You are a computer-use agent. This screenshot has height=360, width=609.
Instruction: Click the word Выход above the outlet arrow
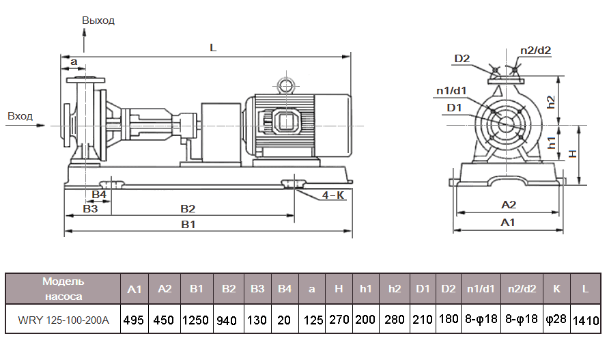[x=98, y=20]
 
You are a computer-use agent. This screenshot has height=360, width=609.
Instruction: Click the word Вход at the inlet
[x=20, y=116]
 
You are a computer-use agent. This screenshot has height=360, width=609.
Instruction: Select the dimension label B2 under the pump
[x=188, y=208]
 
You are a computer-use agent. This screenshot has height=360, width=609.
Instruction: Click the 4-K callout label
[x=333, y=195]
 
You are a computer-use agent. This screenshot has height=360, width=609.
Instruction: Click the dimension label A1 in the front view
[x=508, y=223]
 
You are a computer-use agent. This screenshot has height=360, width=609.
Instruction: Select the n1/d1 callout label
[x=451, y=91]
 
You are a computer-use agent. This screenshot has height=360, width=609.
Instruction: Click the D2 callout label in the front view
[x=462, y=59]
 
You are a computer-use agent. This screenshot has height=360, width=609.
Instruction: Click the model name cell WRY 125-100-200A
[x=63, y=320]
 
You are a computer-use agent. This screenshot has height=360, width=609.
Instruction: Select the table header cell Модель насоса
[x=63, y=289]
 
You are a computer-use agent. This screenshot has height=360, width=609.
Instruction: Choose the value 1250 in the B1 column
[x=197, y=320]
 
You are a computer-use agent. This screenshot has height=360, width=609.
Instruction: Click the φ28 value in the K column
[x=556, y=320]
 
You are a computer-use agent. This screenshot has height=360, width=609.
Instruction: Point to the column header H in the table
[x=339, y=289]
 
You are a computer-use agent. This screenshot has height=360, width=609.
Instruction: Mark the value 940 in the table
[x=228, y=320]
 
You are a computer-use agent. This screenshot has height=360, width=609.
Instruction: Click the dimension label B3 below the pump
[x=90, y=208]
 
